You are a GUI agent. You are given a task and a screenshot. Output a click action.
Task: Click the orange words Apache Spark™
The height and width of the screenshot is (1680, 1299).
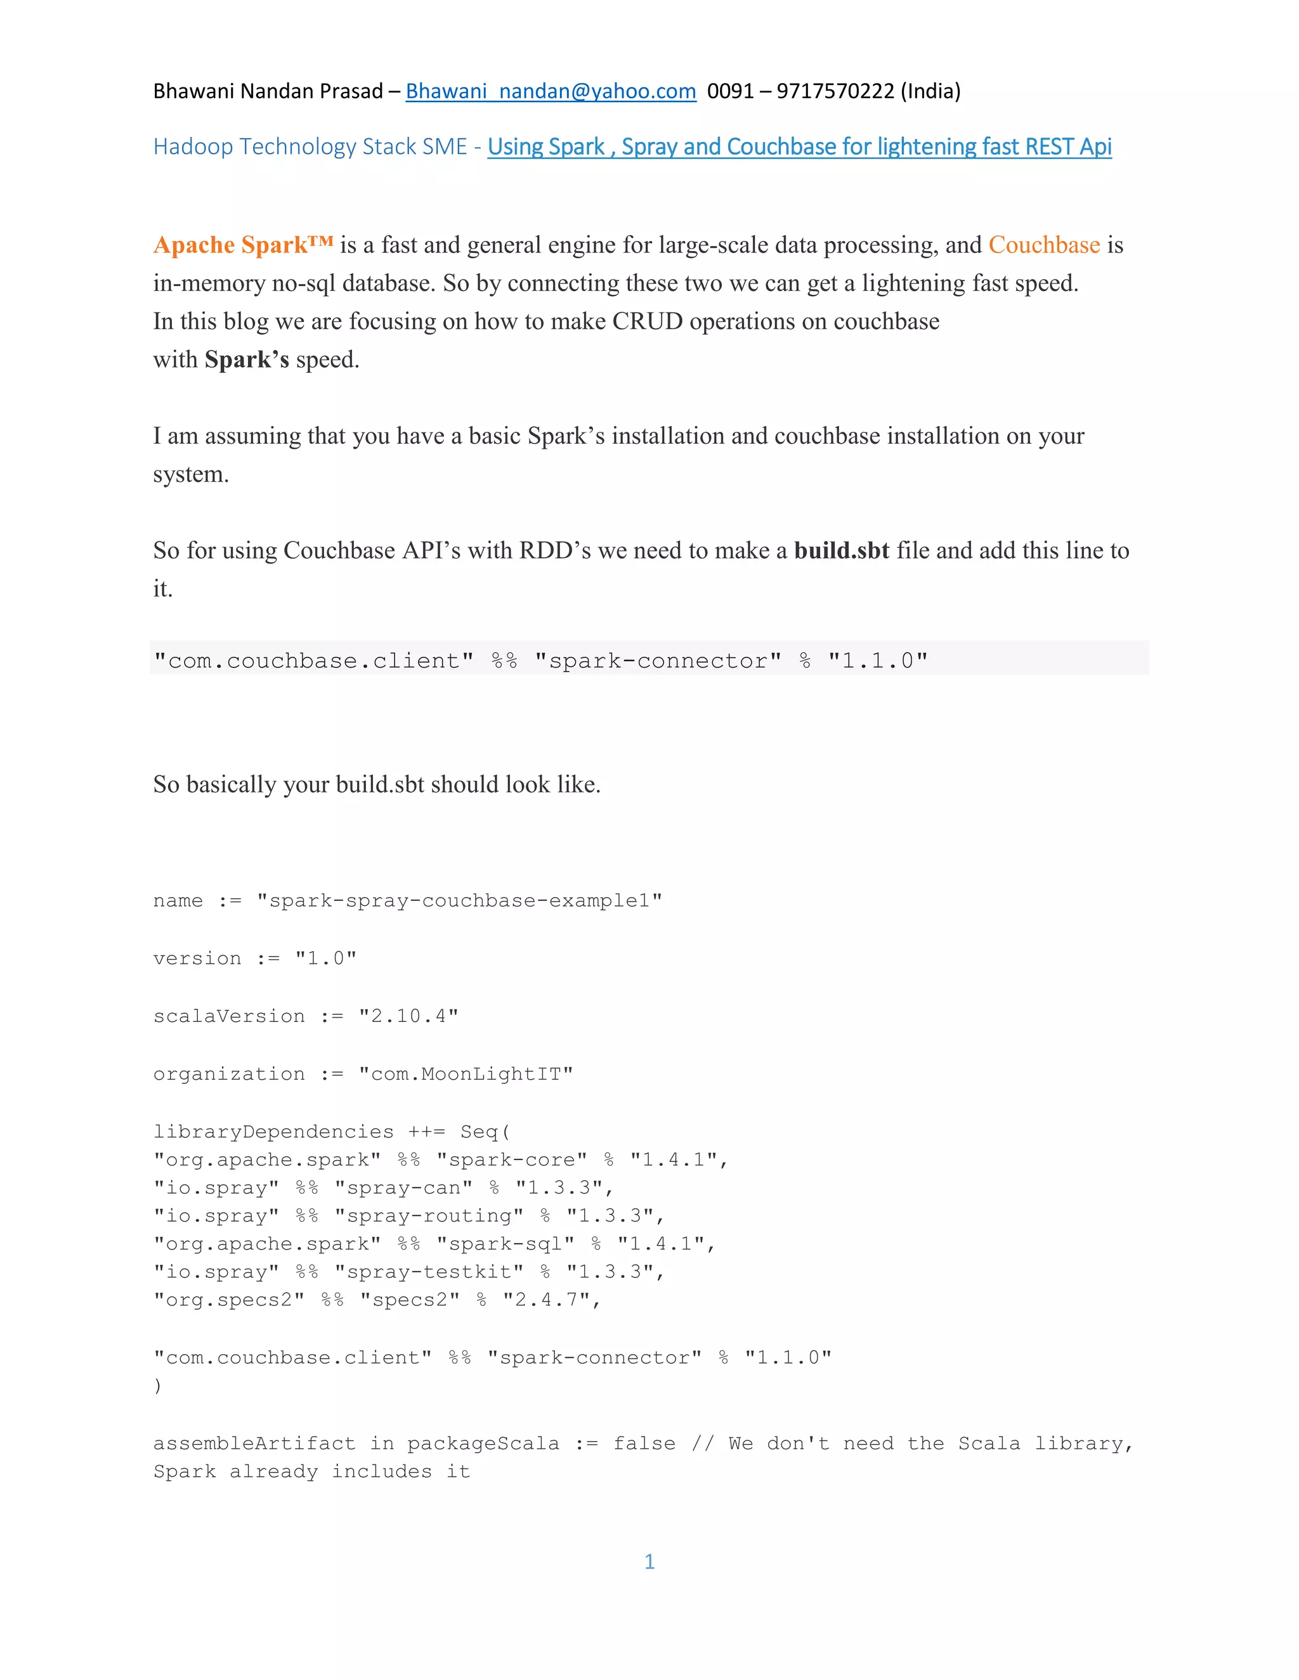tap(243, 245)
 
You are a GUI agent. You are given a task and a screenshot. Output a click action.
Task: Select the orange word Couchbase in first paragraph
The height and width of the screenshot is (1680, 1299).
tap(1043, 245)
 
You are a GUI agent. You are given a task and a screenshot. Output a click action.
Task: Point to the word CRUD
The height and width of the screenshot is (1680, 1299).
tap(647, 321)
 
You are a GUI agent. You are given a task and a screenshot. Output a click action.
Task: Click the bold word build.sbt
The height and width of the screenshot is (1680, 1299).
tap(841, 550)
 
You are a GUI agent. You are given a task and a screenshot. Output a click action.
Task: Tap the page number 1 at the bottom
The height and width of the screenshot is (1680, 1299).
tap(649, 1561)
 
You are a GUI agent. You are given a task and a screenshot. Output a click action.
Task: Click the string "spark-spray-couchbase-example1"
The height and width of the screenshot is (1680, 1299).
tap(459, 901)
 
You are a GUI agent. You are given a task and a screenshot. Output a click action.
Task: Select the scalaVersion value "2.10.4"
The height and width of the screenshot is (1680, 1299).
tap(408, 1016)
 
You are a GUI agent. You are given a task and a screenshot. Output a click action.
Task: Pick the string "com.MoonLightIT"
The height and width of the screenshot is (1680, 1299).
tap(466, 1074)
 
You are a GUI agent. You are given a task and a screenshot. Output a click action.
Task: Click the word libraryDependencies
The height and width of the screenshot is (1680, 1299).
tap(273, 1132)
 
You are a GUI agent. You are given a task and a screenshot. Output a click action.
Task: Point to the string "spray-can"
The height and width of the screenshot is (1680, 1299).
tap(403, 1187)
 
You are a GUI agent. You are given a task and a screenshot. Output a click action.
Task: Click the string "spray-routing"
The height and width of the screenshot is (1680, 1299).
tap(429, 1215)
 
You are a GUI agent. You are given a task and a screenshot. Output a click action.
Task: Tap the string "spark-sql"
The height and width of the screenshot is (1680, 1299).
tap(505, 1244)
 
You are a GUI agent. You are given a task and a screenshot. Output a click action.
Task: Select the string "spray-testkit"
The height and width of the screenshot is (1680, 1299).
tap(429, 1272)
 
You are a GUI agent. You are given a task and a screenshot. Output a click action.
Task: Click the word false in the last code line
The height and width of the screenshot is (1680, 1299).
tap(644, 1443)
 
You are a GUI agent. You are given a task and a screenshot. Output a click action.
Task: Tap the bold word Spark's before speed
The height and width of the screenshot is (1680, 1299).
tap(246, 359)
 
